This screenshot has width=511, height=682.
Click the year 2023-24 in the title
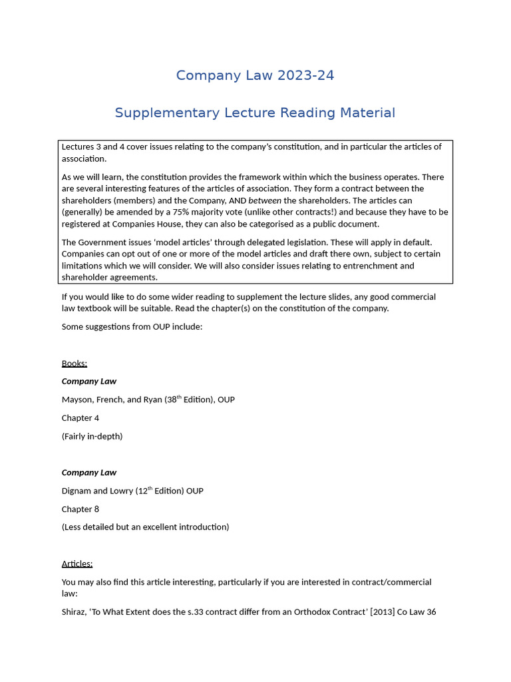click(x=305, y=76)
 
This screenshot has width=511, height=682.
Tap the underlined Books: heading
click(x=75, y=363)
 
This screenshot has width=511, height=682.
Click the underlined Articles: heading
click(x=77, y=563)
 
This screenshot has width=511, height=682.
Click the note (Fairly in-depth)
click(x=92, y=436)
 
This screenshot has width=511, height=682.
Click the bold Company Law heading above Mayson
click(x=89, y=382)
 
